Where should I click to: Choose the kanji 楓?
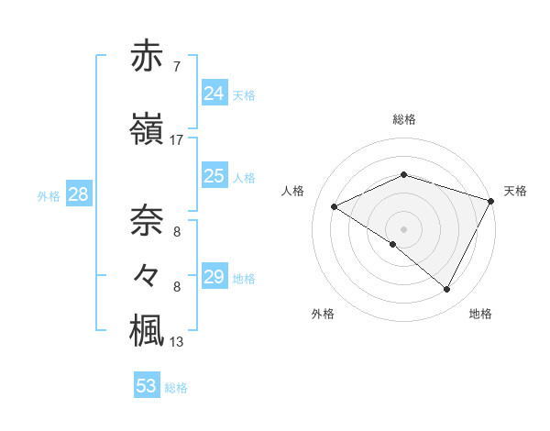click(x=148, y=330)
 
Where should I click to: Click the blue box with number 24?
click(x=214, y=94)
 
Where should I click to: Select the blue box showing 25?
click(x=214, y=176)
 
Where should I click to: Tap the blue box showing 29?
click(x=214, y=277)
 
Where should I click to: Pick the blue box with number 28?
click(x=77, y=194)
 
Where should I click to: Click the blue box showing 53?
click(x=147, y=386)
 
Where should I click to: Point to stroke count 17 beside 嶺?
click(x=176, y=140)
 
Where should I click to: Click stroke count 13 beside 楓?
click(x=176, y=343)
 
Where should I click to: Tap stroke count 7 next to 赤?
click(x=176, y=67)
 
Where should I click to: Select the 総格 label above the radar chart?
click(x=404, y=119)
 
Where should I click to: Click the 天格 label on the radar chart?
click(x=515, y=191)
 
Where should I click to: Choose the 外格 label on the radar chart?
click(x=323, y=314)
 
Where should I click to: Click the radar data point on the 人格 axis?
click(x=335, y=206)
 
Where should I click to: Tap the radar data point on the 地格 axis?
click(x=447, y=290)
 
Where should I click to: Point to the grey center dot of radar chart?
click(x=404, y=228)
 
